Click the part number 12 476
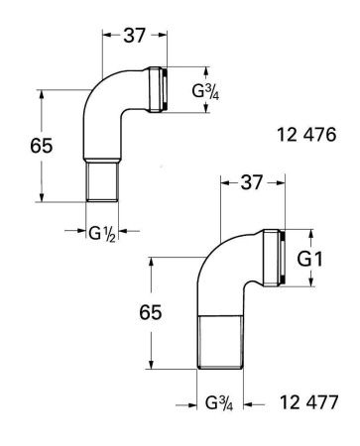(x=306, y=135)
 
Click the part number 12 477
(x=308, y=402)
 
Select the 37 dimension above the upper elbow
(x=135, y=35)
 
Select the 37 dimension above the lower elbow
(x=252, y=182)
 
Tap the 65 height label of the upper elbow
(x=42, y=146)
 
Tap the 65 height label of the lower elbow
(x=151, y=312)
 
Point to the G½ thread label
(x=102, y=234)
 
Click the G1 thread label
(x=310, y=259)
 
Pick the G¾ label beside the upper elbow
(x=205, y=91)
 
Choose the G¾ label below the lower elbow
(x=219, y=402)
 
